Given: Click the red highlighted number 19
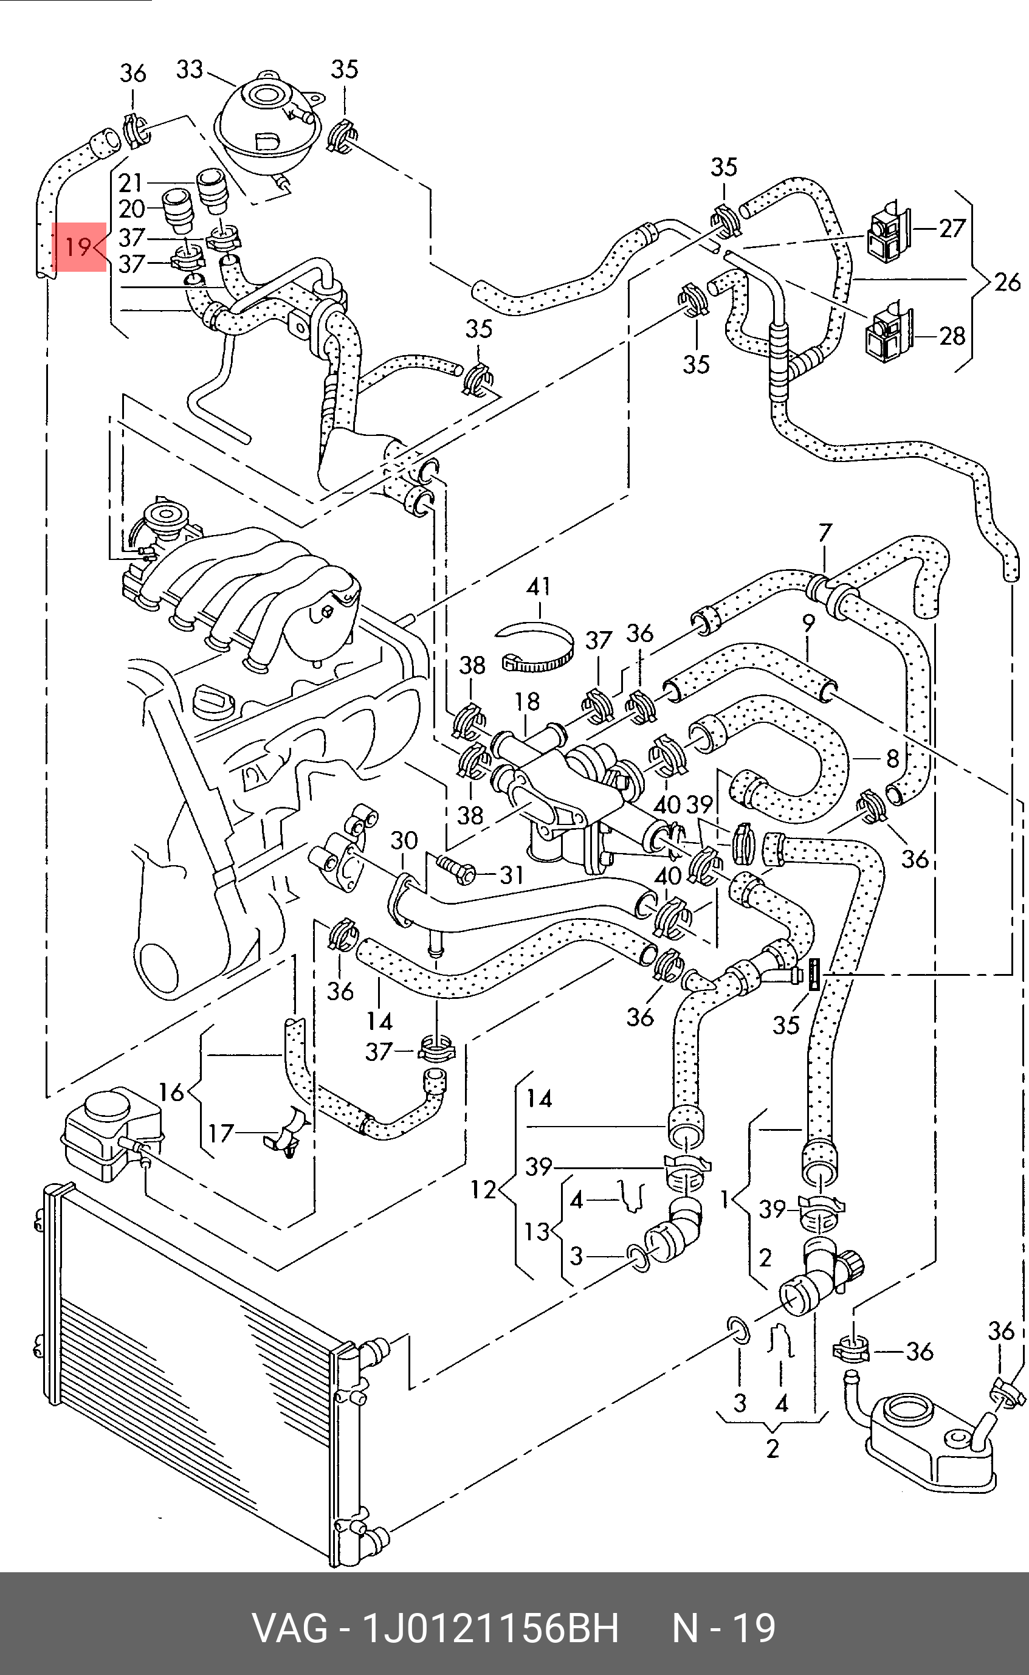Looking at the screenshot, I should point(78,246).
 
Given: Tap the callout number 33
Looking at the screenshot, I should point(189,69).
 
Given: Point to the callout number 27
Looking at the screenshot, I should point(952,229).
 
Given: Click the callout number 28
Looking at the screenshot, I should point(952,336).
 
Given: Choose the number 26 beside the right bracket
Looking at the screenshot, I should point(1007,281).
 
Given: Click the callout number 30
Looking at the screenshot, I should point(404,841).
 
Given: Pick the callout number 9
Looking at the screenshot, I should point(808,623).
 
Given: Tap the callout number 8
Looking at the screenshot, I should point(892,758).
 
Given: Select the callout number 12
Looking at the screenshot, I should point(484,1189).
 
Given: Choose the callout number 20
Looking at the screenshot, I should point(131,209).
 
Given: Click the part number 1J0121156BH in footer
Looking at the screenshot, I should point(490,1629).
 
